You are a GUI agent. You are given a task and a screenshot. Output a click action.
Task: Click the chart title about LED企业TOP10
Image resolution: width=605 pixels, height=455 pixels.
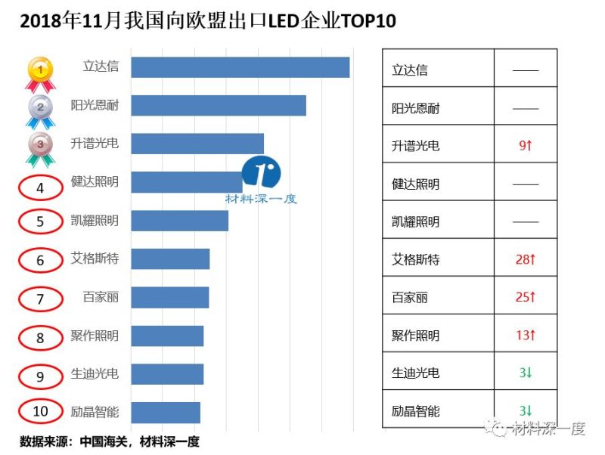208,21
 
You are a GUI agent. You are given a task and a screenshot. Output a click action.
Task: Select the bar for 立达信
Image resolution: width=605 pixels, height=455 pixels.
240,67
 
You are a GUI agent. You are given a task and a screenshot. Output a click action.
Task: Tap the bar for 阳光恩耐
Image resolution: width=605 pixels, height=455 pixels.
218,105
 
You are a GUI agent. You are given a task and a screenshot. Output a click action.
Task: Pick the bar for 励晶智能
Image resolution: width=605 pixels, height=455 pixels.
165,412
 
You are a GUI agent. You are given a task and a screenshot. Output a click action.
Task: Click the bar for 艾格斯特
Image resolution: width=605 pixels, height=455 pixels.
169,258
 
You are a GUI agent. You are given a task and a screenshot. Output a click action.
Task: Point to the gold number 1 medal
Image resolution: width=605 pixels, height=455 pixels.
41,72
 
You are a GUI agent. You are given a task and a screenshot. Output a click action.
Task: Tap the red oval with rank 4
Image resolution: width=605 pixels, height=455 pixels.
41,186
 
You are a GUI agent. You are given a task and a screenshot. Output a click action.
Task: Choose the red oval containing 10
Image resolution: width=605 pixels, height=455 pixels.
41,411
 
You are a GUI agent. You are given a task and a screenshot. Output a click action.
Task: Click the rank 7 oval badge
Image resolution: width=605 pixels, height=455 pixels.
41,299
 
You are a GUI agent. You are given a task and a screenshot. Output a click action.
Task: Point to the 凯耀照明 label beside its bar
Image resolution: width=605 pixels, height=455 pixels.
95,221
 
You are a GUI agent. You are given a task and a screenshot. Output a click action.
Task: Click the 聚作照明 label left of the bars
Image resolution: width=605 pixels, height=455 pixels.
95,335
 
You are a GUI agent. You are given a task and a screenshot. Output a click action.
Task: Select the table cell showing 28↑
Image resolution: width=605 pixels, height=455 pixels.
525,259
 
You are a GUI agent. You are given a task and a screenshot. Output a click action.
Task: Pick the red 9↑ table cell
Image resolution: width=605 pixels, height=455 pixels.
525,145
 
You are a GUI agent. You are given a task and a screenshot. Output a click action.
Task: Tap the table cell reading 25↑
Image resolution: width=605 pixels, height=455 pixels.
525,297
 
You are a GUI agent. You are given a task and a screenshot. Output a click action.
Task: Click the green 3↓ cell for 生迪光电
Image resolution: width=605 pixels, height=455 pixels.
525,373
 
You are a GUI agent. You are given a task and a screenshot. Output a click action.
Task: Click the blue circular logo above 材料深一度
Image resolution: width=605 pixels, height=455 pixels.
262,173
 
